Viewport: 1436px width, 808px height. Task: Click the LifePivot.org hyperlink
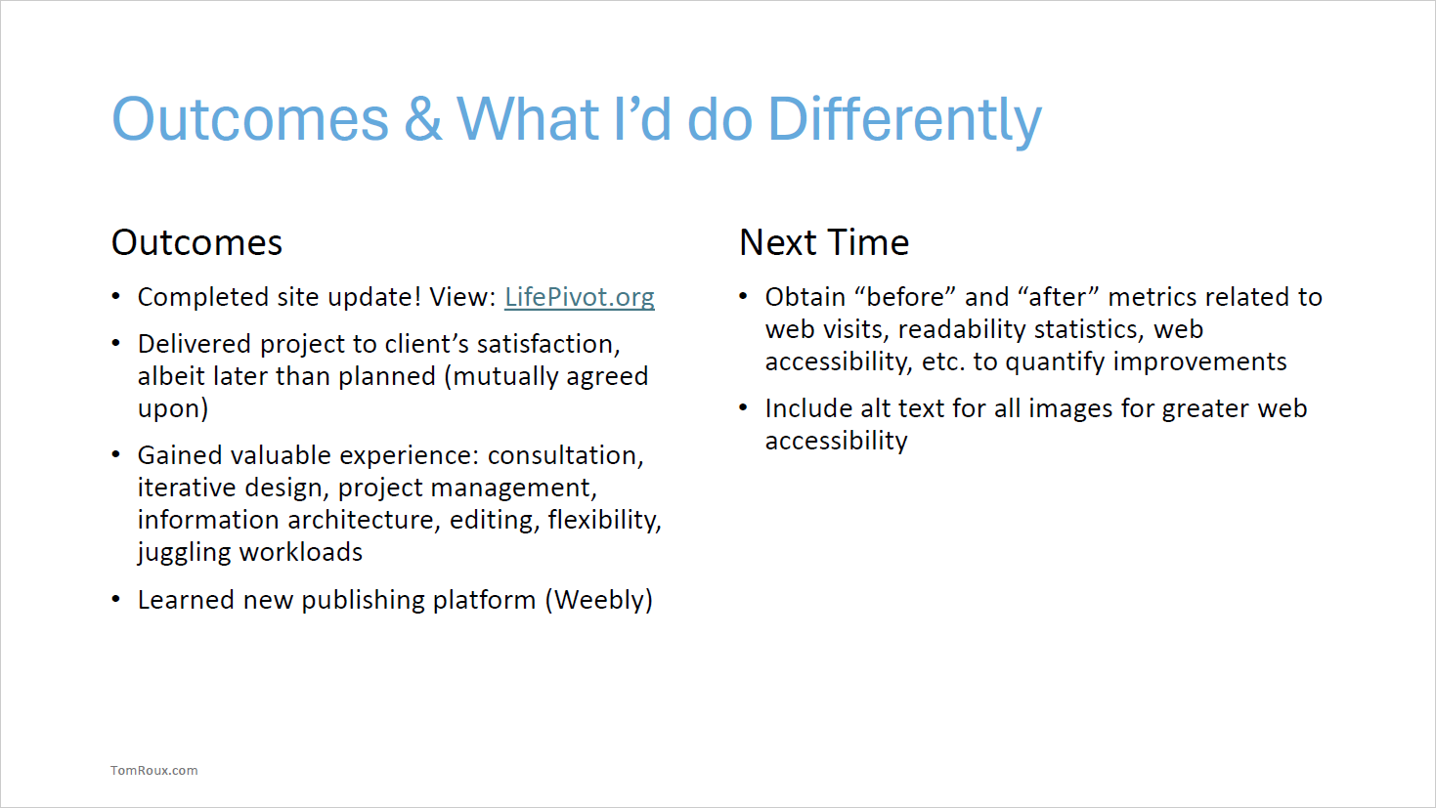pos(580,297)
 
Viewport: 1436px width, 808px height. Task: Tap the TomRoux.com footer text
pos(153,770)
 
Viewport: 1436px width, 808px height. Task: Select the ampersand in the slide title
pos(423,118)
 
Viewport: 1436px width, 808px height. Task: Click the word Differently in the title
pos(904,120)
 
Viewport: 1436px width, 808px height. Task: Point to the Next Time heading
pos(824,242)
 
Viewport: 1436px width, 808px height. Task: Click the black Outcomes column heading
pos(196,242)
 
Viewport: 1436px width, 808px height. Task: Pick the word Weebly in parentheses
pos(599,601)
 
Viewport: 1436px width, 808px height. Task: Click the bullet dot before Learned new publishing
pos(116,600)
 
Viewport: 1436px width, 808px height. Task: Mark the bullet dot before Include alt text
pos(744,408)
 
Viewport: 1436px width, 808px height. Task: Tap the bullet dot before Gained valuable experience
pos(116,455)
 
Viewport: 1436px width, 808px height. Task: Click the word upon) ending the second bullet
pos(173,409)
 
